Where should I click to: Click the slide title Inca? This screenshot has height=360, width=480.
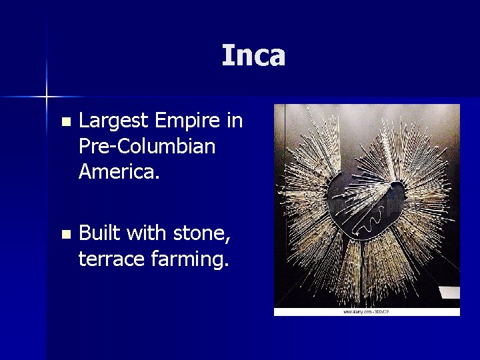pos(253,56)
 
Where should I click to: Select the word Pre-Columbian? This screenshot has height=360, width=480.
pos(147,147)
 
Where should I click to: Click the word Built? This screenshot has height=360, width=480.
pos(99,233)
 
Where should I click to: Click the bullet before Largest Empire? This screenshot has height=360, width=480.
pos(65,123)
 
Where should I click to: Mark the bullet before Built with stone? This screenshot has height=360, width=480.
pos(65,235)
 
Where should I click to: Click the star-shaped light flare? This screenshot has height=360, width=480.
pos(47,97)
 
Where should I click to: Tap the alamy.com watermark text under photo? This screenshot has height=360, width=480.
pos(367,311)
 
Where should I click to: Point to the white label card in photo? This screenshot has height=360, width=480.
pos(450,293)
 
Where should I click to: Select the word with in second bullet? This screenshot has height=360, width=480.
pos(148,233)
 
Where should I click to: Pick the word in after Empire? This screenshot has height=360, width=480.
pos(234,122)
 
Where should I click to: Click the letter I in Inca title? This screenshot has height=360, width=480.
pos(227,56)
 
